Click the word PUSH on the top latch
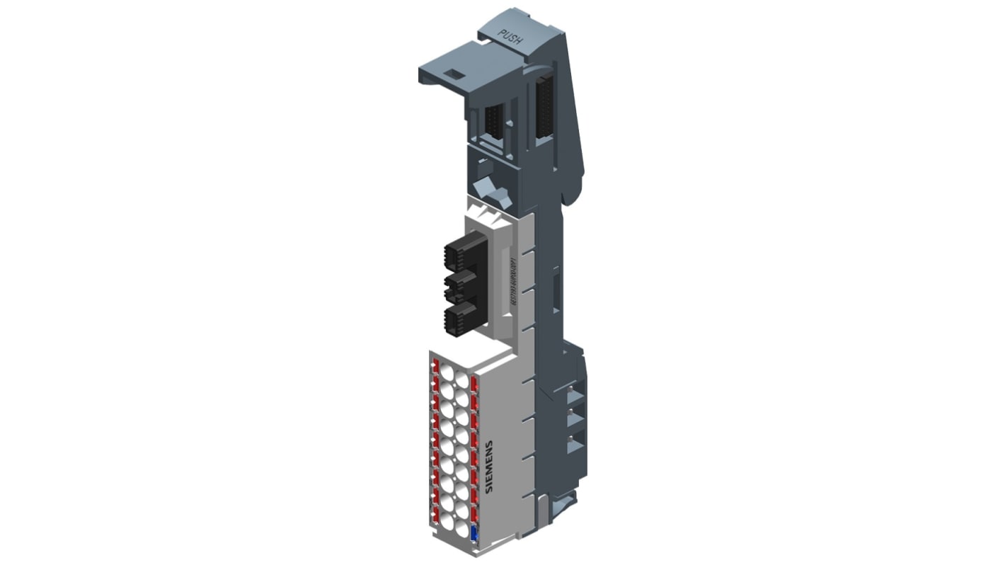(x=510, y=37)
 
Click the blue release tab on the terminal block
(x=473, y=536)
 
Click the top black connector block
(x=465, y=253)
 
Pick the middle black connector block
(x=461, y=287)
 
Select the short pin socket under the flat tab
(x=494, y=122)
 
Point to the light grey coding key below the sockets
(x=494, y=193)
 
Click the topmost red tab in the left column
(x=436, y=366)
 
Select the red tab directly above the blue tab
(x=473, y=515)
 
